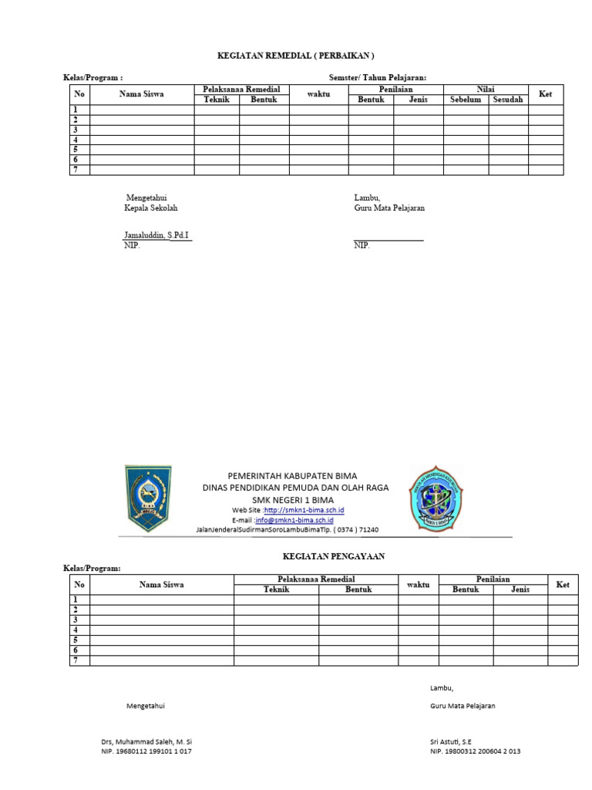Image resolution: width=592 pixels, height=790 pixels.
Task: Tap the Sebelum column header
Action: tap(466, 100)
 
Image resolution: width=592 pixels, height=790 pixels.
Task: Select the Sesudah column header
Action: tap(508, 100)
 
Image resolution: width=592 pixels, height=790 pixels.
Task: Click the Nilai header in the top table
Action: tap(486, 89)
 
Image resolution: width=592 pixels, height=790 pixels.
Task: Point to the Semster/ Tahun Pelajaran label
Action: tap(377, 77)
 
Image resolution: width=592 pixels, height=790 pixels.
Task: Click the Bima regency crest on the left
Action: tap(148, 498)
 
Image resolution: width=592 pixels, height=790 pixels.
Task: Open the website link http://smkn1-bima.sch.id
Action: tap(304, 511)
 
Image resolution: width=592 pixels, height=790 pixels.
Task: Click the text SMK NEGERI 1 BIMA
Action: tap(295, 499)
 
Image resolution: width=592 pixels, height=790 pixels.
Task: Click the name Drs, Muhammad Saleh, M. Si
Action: tap(147, 741)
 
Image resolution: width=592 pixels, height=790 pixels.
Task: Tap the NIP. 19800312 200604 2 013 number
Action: tap(476, 751)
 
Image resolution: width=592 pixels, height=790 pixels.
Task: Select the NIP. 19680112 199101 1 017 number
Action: tap(146, 751)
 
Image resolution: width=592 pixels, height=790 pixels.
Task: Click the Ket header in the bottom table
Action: tap(563, 585)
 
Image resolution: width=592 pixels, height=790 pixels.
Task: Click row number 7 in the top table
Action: tap(76, 169)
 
